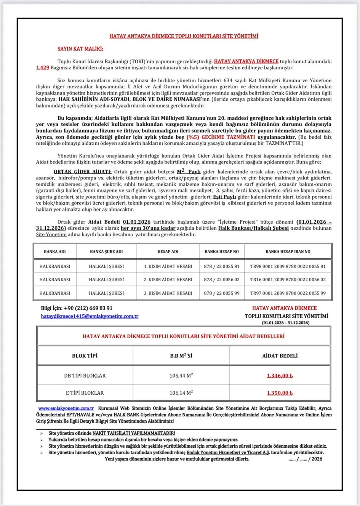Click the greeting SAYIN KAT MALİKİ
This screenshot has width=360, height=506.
pos(80,49)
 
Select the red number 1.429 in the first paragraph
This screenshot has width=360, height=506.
pos(43,68)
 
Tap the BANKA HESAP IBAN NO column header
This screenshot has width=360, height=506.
pos(288,251)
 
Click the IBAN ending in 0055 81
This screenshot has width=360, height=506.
pos(288,266)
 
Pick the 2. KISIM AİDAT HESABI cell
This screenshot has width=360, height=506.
pos(168,279)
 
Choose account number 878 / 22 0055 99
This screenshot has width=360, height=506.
pos(221,293)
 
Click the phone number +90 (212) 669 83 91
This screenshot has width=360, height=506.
pos(88,308)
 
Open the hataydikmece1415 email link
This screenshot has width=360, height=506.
pos(90,316)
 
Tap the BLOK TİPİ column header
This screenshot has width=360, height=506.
pos(85,356)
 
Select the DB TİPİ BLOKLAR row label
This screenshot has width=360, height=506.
pos(85,376)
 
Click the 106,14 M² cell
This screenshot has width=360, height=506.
pos(181,393)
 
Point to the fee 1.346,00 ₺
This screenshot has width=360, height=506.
pos(280,376)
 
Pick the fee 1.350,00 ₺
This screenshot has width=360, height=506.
pos(280,393)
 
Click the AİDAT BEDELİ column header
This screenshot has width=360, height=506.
pos(280,356)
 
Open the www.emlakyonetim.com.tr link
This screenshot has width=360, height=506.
pos(66,408)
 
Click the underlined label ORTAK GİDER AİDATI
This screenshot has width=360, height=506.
pos(83,172)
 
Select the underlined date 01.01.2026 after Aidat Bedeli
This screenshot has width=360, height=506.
pos(136,222)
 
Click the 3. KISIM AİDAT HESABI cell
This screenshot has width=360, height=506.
pos(168,293)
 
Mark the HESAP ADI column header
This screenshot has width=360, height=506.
pos(168,251)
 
